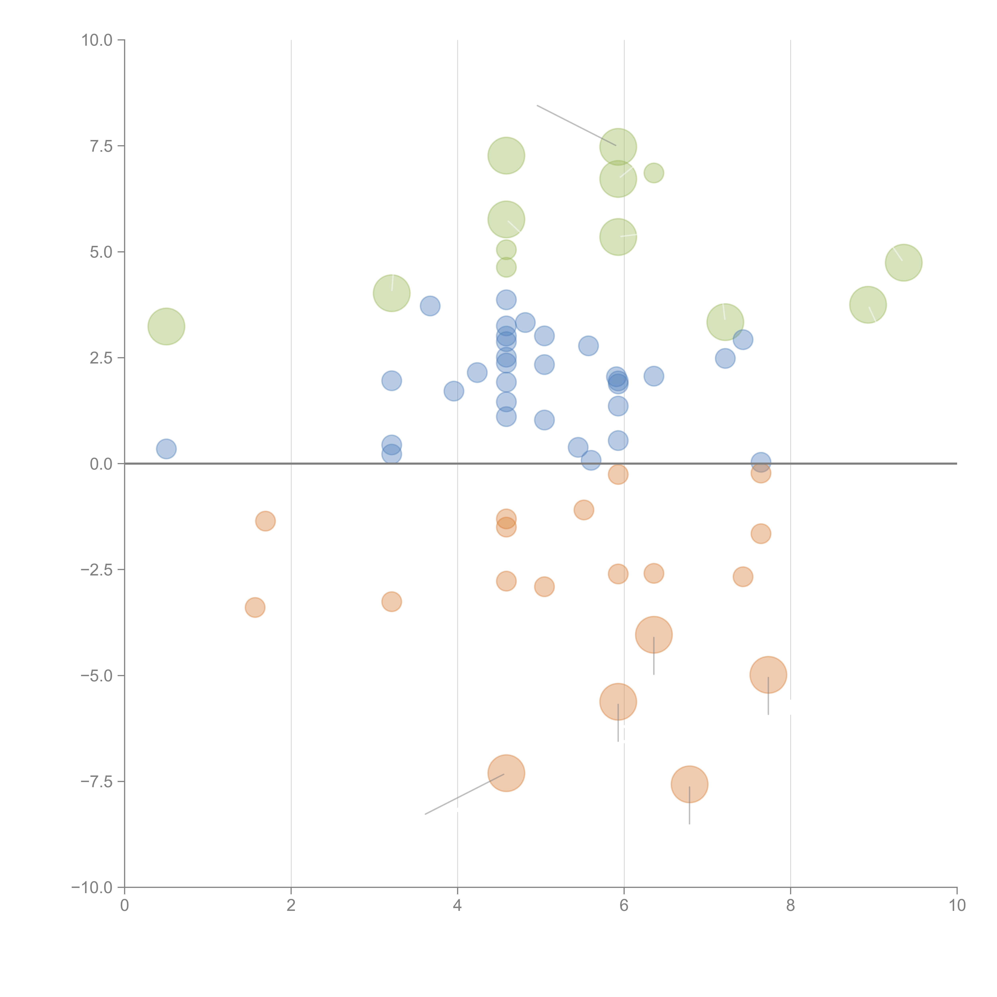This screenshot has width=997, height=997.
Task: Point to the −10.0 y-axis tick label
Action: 92,888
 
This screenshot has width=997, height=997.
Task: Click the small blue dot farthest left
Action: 166,449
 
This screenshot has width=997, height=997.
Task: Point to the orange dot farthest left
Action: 255,607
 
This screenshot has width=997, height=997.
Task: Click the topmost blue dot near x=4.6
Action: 506,299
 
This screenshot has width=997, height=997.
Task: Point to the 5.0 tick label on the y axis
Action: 101,252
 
